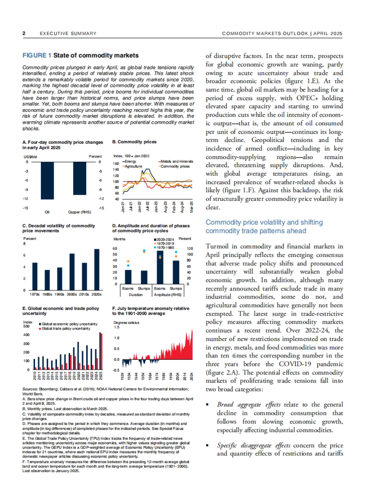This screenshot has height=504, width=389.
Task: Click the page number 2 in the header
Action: click(x=24, y=33)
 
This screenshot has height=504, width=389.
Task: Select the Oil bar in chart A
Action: click(x=47, y=181)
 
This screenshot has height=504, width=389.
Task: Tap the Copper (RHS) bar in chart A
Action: click(x=80, y=178)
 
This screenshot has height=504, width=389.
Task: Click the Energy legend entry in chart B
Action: click(x=129, y=161)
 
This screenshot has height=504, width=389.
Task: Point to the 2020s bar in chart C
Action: click(x=97, y=269)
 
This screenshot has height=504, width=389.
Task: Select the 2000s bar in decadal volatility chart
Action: click(x=72, y=272)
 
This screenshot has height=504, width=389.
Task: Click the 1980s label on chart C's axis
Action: click(x=47, y=294)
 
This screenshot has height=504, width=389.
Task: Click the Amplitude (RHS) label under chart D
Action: click(x=168, y=295)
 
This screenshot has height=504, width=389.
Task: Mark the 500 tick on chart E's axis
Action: click(x=26, y=326)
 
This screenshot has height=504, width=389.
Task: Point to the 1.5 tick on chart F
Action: click(x=116, y=327)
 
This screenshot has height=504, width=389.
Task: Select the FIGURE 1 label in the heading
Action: click(x=37, y=55)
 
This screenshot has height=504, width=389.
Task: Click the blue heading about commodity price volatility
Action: click(x=264, y=227)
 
